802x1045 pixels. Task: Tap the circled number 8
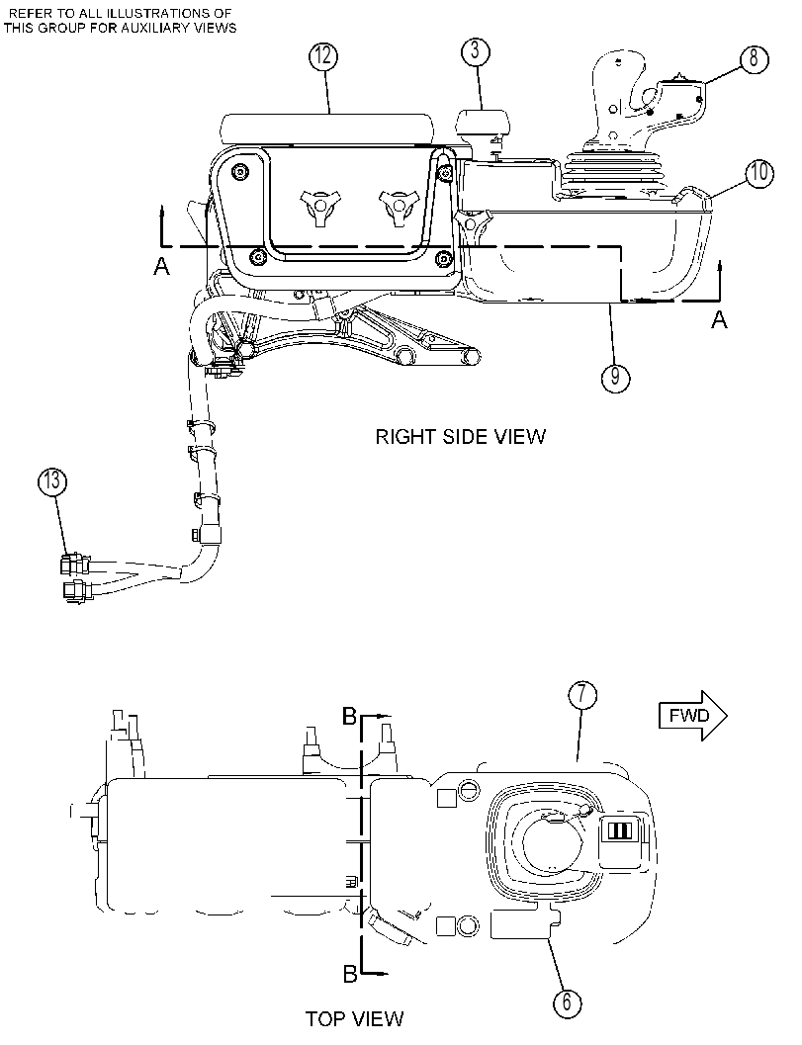754,58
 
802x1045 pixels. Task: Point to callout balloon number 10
759,173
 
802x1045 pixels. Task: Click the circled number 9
615,378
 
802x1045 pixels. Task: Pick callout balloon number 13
52,480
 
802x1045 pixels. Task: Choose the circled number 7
582,695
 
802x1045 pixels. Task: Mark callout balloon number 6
567,1002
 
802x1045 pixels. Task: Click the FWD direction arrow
692,716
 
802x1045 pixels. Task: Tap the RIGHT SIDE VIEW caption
461,437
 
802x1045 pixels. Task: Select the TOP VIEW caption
355,1018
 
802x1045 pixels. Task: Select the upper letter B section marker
349,717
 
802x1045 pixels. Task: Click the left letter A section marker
161,267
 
